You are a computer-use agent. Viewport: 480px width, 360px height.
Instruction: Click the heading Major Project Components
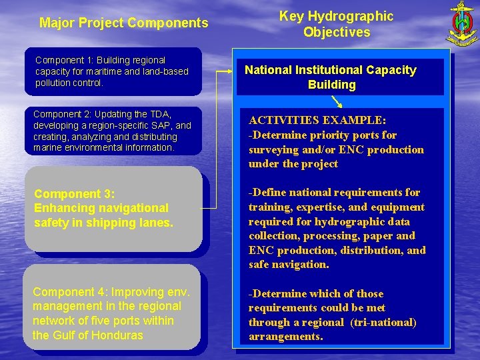(124, 23)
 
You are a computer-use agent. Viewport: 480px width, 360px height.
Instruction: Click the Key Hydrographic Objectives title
(336, 24)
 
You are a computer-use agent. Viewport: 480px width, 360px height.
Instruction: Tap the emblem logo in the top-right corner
(460, 24)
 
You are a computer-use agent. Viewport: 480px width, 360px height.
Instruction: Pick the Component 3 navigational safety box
(113, 208)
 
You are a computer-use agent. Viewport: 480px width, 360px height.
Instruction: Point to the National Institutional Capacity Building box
(330, 77)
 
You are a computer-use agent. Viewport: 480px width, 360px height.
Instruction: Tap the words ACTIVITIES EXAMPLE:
(317, 121)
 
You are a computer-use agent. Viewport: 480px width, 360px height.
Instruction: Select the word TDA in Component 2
(162, 115)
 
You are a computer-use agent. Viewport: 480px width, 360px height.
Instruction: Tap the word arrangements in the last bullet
(285, 337)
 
